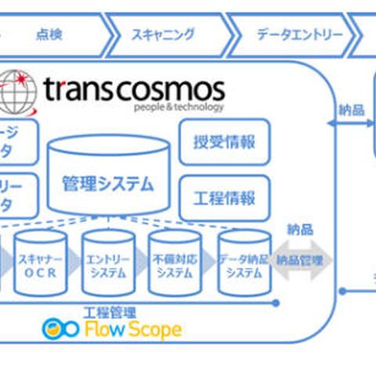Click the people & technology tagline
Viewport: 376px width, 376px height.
(179, 107)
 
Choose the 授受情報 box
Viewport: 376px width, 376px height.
(224, 143)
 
